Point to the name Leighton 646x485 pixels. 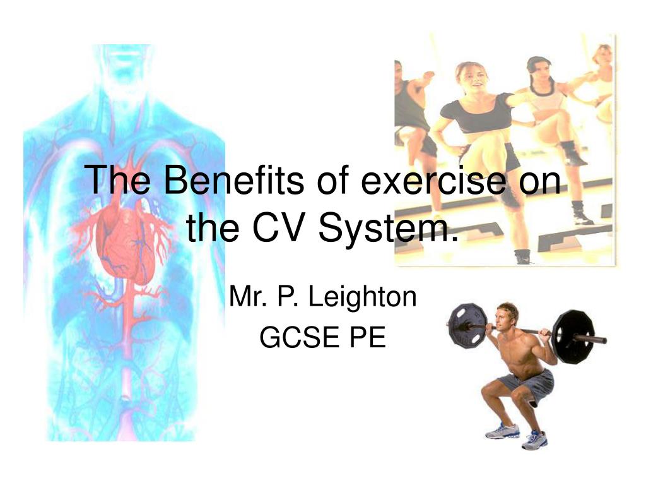(363, 298)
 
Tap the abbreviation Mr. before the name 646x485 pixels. (247, 296)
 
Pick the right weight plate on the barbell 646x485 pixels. (573, 337)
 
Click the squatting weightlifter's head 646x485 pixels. (507, 316)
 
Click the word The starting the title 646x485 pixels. (117, 180)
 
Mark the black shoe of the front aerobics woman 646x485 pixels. (523, 256)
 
